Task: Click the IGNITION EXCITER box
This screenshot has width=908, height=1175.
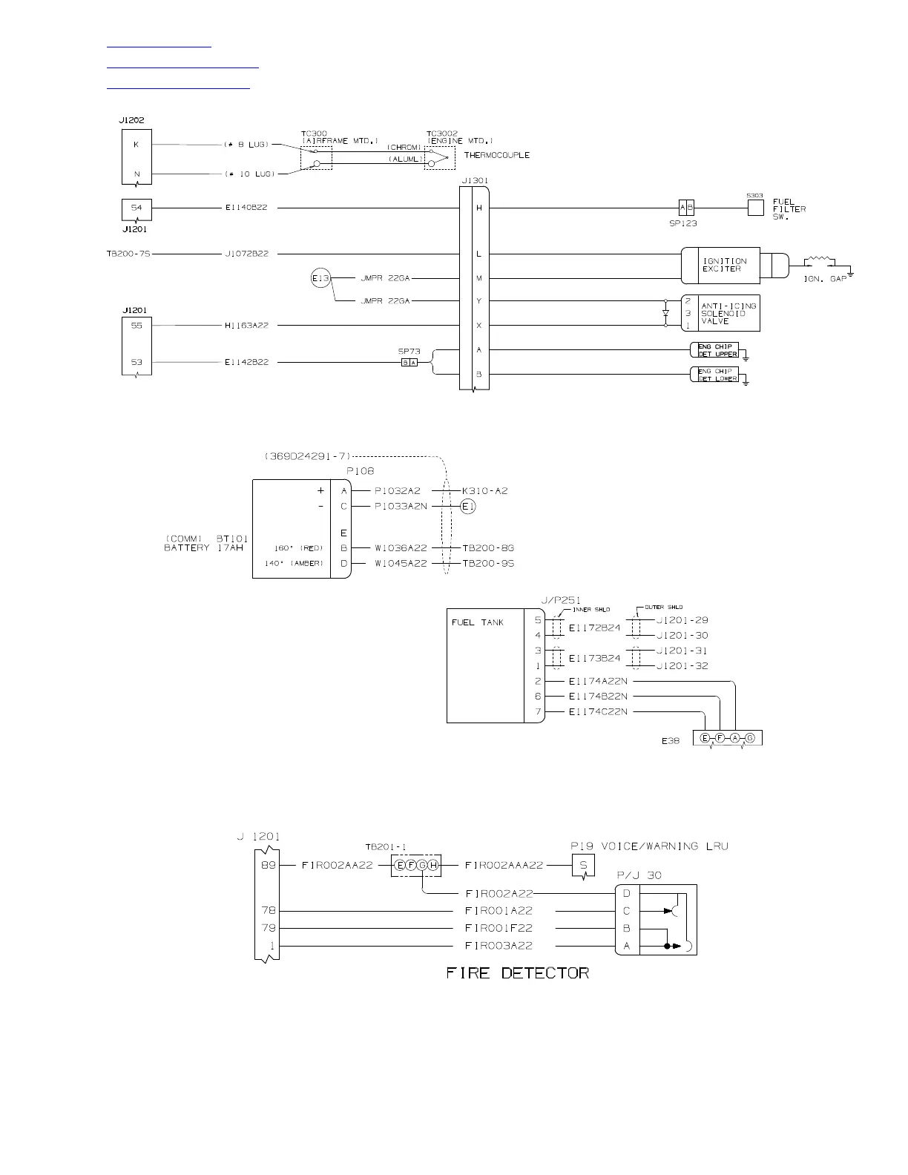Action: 720,265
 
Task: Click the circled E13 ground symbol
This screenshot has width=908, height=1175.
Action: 320,279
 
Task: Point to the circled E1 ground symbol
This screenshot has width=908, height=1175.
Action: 467,507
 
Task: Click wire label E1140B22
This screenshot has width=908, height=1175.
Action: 246,208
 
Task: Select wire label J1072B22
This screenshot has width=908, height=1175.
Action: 246,254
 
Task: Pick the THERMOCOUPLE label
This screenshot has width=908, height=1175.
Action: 497,156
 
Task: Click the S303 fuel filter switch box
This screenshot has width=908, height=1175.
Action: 755,208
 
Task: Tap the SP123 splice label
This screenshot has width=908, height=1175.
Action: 682,223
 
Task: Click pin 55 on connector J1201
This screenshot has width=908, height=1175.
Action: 136,326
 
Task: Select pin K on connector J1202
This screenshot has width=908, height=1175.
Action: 136,145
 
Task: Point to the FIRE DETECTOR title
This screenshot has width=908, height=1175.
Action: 518,973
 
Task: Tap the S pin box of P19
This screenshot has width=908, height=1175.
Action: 583,865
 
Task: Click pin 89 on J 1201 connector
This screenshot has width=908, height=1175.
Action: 268,865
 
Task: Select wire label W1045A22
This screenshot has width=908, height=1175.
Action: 401,564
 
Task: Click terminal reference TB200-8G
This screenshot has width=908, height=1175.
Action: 488,548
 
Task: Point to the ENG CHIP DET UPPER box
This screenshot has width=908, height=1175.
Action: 714,350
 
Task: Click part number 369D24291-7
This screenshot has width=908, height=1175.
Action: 306,456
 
